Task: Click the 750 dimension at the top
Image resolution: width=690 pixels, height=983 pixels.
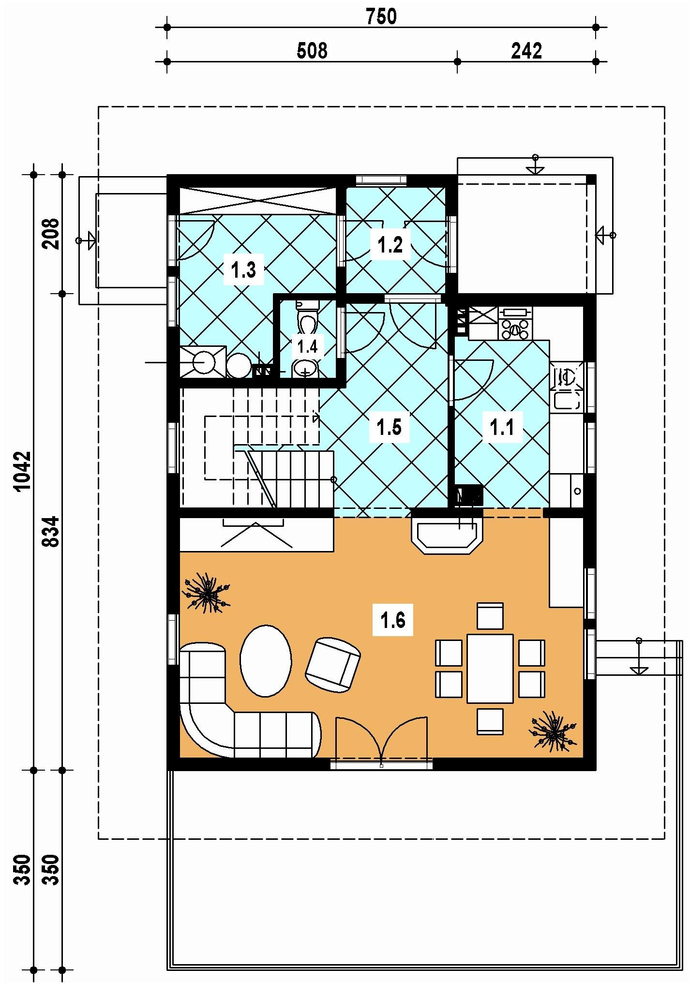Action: [x=381, y=17]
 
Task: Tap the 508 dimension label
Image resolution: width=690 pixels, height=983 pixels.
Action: [x=312, y=51]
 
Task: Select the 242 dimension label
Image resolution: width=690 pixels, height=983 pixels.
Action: [x=526, y=51]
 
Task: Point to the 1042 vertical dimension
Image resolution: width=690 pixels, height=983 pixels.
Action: [x=23, y=471]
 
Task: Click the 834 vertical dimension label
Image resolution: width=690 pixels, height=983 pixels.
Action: [x=51, y=531]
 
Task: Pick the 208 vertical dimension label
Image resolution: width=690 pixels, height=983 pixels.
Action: [x=51, y=234]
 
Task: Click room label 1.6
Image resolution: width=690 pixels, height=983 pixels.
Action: [x=393, y=620]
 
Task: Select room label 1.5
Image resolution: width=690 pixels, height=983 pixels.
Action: [x=390, y=427]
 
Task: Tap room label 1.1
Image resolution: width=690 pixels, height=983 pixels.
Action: [x=502, y=427]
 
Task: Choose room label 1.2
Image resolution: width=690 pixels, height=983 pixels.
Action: [x=390, y=245]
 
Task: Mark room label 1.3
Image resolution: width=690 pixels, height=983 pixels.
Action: [x=243, y=270]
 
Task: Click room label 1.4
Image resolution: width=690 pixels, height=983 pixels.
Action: [x=307, y=346]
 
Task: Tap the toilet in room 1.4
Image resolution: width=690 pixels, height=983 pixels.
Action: [x=307, y=317]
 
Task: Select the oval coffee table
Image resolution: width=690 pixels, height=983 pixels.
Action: [x=266, y=661]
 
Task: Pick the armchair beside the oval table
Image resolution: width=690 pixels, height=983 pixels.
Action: [x=333, y=664]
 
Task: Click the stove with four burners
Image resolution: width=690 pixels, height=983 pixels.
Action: [x=516, y=323]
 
